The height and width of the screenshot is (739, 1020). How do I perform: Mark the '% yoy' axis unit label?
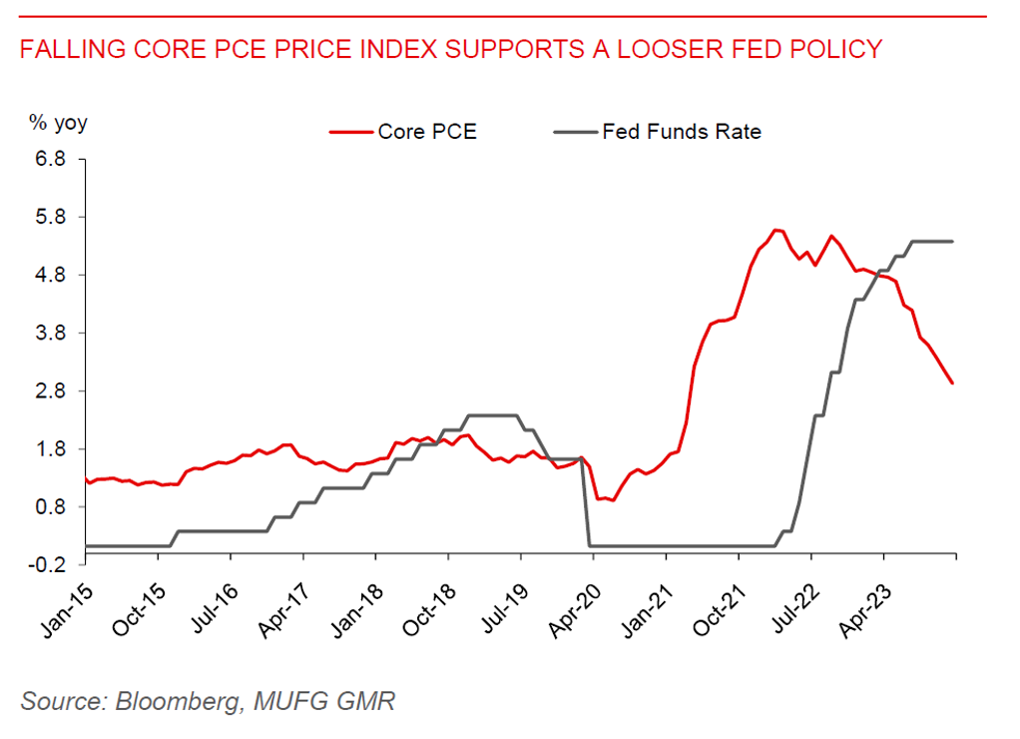[x=57, y=124]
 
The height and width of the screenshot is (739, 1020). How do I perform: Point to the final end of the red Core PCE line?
[x=953, y=383]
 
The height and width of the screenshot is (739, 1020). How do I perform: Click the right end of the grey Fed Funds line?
[x=953, y=242]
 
